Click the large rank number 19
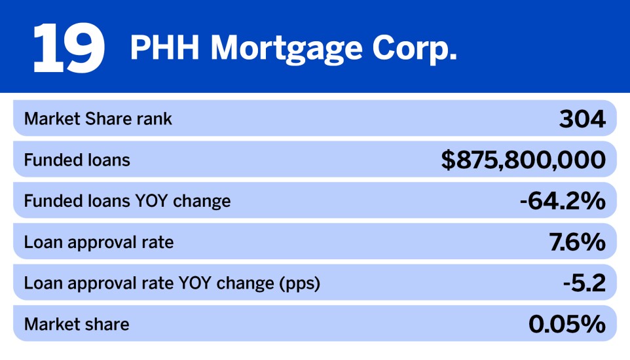(68, 48)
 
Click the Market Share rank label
(98, 119)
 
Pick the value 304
(582, 119)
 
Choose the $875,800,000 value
(523, 160)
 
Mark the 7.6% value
(577, 242)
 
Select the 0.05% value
(566, 324)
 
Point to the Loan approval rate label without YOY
(99, 242)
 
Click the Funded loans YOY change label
(127, 201)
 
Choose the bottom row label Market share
(77, 324)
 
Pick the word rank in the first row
(156, 119)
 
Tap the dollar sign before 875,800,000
(448, 160)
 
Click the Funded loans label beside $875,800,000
(77, 160)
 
